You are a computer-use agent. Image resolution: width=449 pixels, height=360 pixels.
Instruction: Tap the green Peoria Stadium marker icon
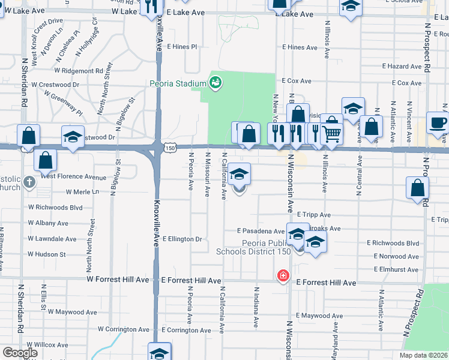tap(215, 82)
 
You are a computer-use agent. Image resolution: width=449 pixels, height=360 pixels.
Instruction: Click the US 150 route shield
tap(170, 146)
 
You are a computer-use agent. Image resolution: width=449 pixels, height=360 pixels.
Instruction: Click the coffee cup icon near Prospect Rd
tap(438, 123)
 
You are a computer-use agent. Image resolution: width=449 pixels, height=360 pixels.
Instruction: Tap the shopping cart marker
tap(331, 133)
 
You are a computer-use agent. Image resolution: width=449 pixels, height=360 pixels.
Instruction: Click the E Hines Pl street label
tap(182, 47)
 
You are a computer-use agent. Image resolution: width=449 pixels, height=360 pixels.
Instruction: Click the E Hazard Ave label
tap(402, 66)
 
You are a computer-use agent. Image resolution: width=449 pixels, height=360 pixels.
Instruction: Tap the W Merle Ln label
tap(82, 192)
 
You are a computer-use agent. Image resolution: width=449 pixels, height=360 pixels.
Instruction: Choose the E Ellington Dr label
tap(182, 239)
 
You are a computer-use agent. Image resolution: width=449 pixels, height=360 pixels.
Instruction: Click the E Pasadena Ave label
tap(261, 230)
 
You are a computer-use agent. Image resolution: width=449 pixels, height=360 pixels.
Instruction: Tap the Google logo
tap(20, 353)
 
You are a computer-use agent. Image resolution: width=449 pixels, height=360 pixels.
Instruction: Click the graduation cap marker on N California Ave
tap(240, 175)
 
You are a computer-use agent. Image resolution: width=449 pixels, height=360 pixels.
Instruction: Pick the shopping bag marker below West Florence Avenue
tap(46, 160)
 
